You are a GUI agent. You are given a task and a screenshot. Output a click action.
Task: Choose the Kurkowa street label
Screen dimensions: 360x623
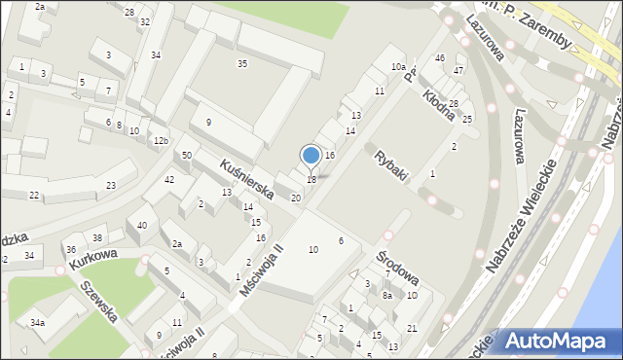coord(92,259)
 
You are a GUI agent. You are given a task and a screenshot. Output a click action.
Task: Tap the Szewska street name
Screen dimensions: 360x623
coord(98,301)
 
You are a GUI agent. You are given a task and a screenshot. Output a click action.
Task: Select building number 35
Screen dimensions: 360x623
coord(241,63)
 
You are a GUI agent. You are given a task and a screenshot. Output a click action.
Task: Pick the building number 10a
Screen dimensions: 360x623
coord(398,66)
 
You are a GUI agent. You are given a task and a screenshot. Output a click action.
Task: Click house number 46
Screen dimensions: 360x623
coord(440,58)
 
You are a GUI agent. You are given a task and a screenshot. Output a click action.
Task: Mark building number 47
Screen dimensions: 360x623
coord(458,71)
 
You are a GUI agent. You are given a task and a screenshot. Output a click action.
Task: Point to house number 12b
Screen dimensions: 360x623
coord(161,141)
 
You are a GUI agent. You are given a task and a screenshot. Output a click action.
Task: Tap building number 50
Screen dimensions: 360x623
coord(186,156)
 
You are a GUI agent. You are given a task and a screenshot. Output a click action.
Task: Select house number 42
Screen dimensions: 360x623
coord(169,180)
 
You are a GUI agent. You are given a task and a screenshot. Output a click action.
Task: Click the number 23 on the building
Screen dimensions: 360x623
coord(112,185)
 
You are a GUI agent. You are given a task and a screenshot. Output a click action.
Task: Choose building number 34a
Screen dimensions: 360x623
coord(37,322)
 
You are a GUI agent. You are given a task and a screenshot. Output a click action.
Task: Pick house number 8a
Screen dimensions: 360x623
coord(386,295)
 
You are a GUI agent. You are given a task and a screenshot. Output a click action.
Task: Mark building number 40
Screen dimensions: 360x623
coord(142,226)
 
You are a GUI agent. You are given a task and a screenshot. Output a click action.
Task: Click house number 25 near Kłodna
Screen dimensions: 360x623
coord(467,119)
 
